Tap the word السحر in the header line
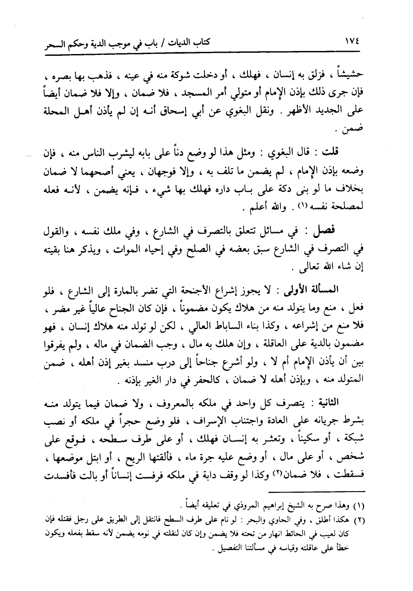pos(53,44)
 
